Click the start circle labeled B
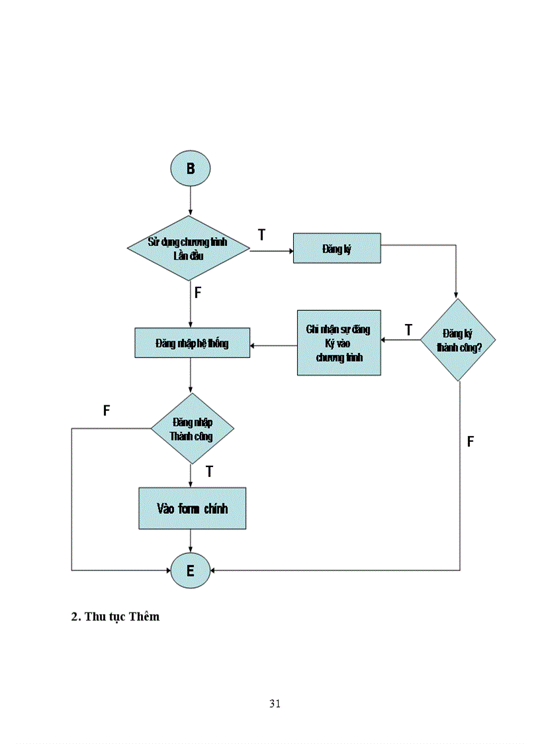(x=191, y=168)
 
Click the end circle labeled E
(x=191, y=570)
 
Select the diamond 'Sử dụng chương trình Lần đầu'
(x=188, y=248)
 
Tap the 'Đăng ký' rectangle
(x=337, y=248)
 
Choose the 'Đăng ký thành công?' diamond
(x=459, y=340)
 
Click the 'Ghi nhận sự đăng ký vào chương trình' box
(x=339, y=343)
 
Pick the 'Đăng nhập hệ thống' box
(x=192, y=343)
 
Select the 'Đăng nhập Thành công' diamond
(x=191, y=429)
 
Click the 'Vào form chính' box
(x=192, y=508)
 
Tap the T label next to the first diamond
(x=262, y=235)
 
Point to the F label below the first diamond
(x=197, y=292)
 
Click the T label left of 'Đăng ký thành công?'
(x=408, y=329)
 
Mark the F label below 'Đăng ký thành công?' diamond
(x=471, y=441)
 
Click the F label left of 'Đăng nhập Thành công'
(x=107, y=411)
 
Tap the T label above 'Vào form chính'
(x=209, y=472)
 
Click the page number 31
(x=275, y=704)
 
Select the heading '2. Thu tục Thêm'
(x=115, y=616)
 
